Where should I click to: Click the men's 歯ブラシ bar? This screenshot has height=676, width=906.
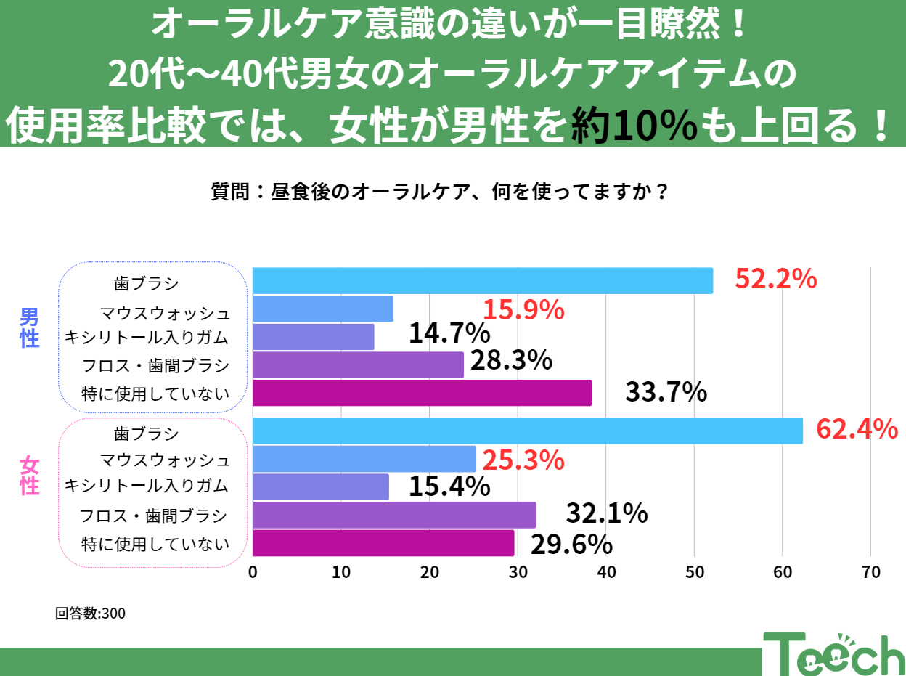[x=483, y=281]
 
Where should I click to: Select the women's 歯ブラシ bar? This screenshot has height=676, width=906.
[x=528, y=431]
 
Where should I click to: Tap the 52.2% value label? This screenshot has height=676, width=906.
[x=776, y=279]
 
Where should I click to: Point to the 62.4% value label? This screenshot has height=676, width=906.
[x=857, y=430]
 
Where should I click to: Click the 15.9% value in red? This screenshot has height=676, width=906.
[x=523, y=310]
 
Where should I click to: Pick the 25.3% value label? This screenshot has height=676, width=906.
[x=523, y=460]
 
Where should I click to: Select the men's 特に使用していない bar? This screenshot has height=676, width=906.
[x=422, y=393]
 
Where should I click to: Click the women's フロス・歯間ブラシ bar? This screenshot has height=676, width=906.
[x=394, y=515]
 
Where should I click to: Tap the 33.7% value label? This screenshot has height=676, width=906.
[x=666, y=393]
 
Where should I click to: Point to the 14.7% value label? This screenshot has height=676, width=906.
[x=449, y=333]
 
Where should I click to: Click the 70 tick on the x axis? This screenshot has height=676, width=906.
[x=870, y=572]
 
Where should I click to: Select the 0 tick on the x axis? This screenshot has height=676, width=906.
[x=253, y=572]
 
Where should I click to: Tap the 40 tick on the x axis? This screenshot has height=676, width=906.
[x=606, y=572]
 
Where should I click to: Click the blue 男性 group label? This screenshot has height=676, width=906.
[x=30, y=327]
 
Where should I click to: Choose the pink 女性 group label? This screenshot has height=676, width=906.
[x=30, y=475]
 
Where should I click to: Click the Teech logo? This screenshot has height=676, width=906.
[x=833, y=653]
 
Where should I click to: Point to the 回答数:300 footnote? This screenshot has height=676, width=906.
[x=91, y=614]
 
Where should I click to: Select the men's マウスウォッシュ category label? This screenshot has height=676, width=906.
[x=165, y=314]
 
